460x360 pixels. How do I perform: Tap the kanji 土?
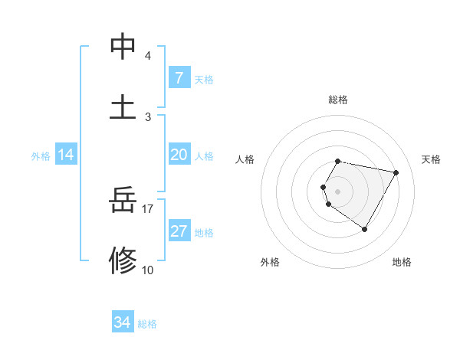point(123,107)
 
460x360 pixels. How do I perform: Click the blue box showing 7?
point(179,78)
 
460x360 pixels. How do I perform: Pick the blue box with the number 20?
point(179,155)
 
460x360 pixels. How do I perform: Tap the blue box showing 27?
point(179,231)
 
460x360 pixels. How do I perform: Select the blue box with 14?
point(66,155)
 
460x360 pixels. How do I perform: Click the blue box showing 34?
point(123,322)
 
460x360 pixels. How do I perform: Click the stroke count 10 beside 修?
point(148,270)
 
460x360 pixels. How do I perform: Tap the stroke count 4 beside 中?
point(148,56)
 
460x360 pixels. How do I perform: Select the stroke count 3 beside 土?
point(148,116)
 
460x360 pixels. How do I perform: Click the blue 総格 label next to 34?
point(147,324)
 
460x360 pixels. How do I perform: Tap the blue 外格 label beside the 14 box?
point(41,156)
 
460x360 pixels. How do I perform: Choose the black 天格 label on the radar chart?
point(431,159)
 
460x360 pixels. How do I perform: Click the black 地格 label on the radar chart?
point(402,262)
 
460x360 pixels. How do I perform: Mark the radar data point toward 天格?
point(396,172)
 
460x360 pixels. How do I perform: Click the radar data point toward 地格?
point(364,229)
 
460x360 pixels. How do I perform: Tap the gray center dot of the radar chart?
point(337,191)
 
